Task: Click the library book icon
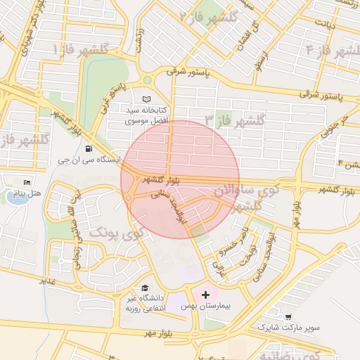pyautogui.click(x=146, y=99)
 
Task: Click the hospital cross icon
pyautogui.click(x=205, y=294)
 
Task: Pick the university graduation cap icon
pyautogui.click(x=145, y=288)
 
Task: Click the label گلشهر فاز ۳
pyautogui.click(x=234, y=120)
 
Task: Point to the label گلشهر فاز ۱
pyautogui.click(x=80, y=49)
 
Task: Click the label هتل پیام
pyautogui.click(x=29, y=193)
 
